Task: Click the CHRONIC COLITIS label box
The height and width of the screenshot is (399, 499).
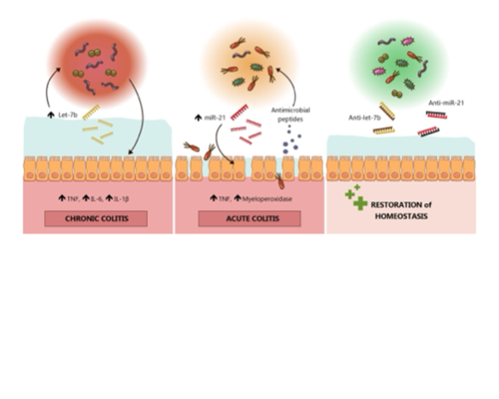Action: [96, 218]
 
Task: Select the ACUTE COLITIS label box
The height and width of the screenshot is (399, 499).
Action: [249, 218]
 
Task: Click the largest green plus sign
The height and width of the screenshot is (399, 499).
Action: [360, 203]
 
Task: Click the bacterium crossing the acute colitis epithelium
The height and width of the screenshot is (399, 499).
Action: [280, 180]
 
